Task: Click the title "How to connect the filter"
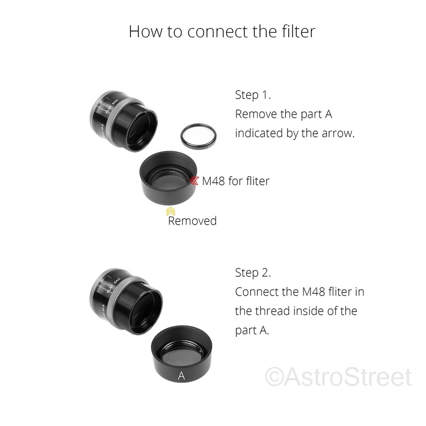point(222,31)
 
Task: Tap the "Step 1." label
point(253,95)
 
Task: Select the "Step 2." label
point(253,273)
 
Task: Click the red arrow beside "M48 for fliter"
point(194,181)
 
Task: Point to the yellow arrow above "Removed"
point(170,211)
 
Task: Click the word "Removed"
point(192,220)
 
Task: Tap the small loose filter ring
point(199,137)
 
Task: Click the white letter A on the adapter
point(181,376)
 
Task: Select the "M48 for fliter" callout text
point(235,181)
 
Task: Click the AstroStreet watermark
point(339,377)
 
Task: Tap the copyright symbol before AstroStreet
point(274,377)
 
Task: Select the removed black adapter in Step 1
point(168,178)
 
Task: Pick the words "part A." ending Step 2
point(252,331)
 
